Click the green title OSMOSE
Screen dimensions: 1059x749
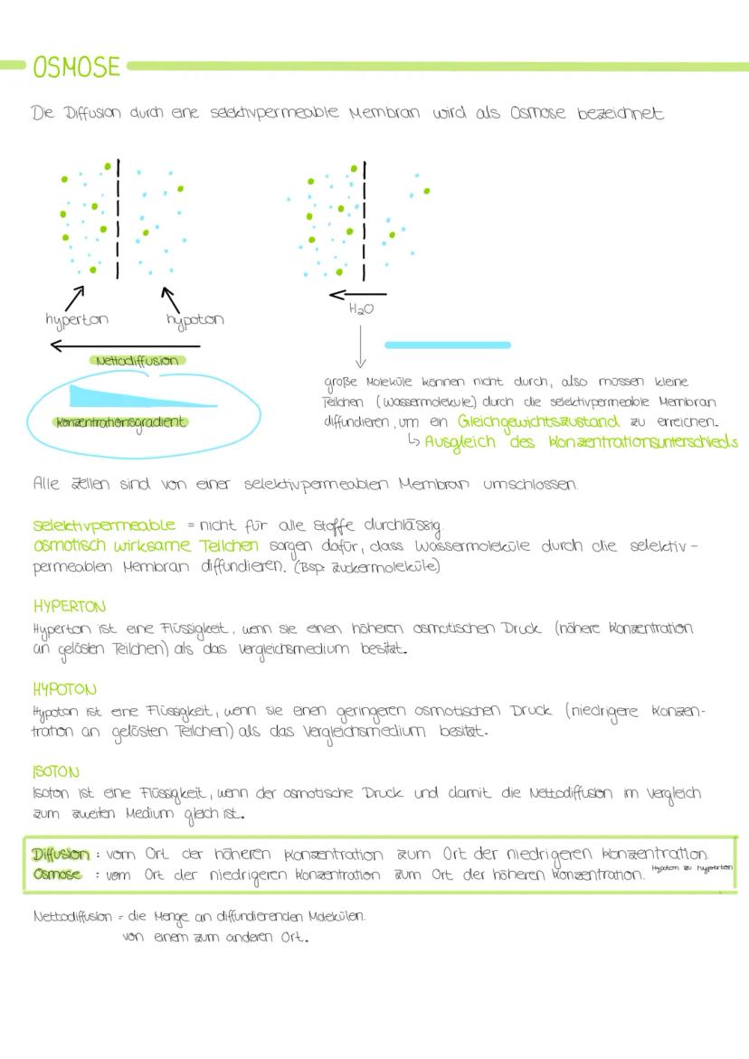[76, 67]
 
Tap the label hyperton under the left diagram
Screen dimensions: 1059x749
[76, 319]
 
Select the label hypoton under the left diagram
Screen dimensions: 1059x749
[194, 319]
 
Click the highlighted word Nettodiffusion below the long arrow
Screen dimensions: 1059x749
[138, 360]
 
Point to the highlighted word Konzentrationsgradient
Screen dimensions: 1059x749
[120, 421]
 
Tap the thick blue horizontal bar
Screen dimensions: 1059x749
[448, 345]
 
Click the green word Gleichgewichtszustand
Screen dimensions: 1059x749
[538, 421]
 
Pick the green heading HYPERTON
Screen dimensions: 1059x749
[69, 606]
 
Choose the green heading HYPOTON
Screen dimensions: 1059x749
[64, 690]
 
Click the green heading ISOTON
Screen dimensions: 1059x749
[56, 773]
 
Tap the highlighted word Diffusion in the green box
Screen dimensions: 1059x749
[61, 855]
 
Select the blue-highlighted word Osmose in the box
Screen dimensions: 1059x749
[57, 875]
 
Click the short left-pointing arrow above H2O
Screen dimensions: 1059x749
[357, 294]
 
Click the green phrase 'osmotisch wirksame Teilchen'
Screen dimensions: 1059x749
[146, 546]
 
